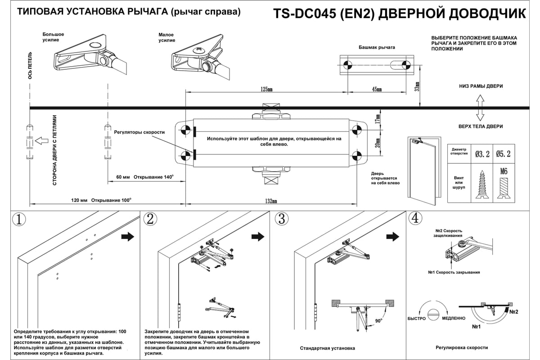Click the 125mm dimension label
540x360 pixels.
tap(266, 89)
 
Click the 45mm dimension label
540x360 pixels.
tap(377, 89)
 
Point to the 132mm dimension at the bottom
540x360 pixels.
tap(270, 201)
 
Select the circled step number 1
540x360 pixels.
tap(18, 220)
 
